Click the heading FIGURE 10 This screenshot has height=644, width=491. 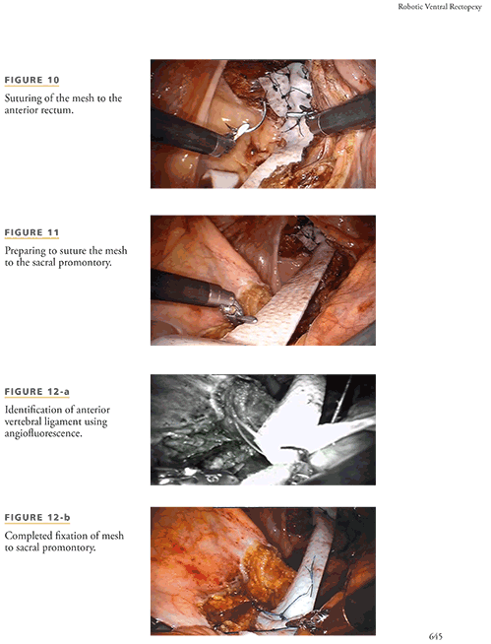[32, 80]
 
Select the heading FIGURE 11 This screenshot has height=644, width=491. [32, 232]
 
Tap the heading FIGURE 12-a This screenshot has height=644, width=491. [37, 391]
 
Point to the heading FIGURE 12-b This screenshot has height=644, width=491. [37, 518]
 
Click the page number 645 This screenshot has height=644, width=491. [436, 636]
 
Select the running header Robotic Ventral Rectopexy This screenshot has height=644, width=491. [440, 7]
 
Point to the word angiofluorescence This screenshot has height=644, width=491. [43, 433]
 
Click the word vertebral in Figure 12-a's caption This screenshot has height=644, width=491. [23, 421]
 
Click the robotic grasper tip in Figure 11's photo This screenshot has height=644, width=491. [238, 313]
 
